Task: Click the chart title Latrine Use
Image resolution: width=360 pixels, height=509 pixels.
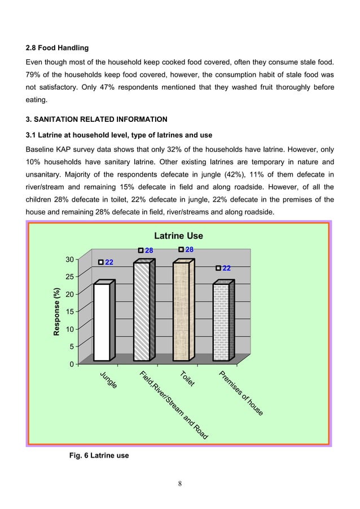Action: point(178,236)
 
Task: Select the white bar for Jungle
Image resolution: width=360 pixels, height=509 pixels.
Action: point(102,322)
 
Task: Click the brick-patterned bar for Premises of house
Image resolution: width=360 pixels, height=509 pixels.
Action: point(221,322)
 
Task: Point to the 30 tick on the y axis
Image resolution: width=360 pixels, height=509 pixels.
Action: point(69,260)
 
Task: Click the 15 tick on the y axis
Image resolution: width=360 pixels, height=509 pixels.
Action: point(69,311)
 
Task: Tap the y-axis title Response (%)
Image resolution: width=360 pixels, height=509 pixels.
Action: point(56,313)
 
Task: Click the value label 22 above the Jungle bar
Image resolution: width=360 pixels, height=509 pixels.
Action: point(109,262)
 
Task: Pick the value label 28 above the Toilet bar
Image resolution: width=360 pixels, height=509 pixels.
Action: point(190,249)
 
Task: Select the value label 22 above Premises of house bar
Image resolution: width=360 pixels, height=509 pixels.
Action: point(226,269)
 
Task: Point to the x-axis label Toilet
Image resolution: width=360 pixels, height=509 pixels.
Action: point(187,379)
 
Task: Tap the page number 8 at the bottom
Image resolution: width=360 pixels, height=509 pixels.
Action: point(179,483)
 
